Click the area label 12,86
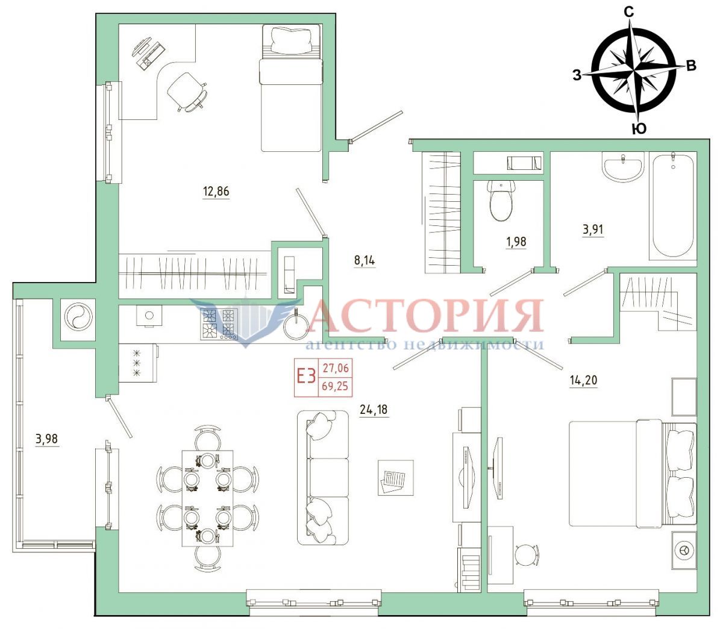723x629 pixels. (x=216, y=192)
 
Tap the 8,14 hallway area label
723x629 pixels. (x=365, y=261)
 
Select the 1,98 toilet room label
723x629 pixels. (x=516, y=242)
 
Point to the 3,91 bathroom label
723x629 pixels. (x=593, y=230)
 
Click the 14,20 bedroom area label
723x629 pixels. (x=583, y=380)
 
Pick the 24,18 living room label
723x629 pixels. (x=374, y=410)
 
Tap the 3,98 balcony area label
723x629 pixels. (x=46, y=439)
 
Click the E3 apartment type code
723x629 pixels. (x=305, y=377)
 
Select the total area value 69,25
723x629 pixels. (x=335, y=386)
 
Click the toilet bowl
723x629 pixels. (x=501, y=200)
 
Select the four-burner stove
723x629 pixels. (x=219, y=324)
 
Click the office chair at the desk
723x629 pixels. (x=186, y=91)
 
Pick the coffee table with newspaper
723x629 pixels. (x=395, y=478)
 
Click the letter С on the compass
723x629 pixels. (x=629, y=13)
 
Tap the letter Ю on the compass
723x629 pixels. (x=639, y=129)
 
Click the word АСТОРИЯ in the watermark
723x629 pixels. (x=427, y=315)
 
